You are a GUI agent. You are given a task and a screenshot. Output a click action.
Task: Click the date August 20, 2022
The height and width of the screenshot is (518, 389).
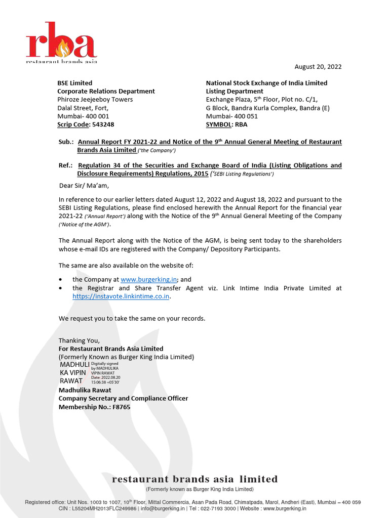click(x=318, y=67)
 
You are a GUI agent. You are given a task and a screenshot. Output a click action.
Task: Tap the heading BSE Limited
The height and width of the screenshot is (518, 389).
click(x=74, y=83)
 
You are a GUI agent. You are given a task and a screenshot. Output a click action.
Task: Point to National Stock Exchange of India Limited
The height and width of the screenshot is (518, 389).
click(x=266, y=83)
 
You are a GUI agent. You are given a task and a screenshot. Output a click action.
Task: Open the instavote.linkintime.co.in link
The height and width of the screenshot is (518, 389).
click(x=121, y=297)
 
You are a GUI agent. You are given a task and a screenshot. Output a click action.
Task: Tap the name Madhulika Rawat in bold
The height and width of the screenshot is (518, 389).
click(x=85, y=390)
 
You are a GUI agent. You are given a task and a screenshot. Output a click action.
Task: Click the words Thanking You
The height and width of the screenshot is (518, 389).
click(x=79, y=340)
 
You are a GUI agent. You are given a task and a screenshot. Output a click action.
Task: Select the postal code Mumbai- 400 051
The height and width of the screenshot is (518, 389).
click(x=231, y=116)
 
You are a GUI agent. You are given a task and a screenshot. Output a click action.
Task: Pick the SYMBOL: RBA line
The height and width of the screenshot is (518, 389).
click(x=226, y=124)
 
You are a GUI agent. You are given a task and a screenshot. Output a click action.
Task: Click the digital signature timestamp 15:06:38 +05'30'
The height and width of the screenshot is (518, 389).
click(x=105, y=382)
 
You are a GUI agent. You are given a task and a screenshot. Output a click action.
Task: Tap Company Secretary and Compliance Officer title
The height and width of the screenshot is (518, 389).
click(x=123, y=399)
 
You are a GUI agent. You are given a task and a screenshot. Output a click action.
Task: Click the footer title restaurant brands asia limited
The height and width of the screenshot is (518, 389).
click(x=194, y=479)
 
